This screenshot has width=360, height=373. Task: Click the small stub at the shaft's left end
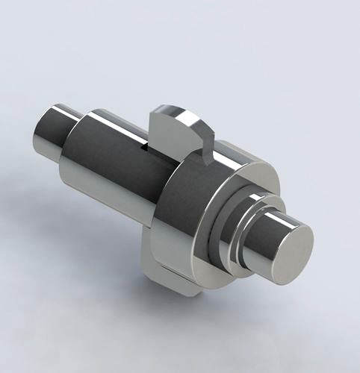click(x=52, y=134)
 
